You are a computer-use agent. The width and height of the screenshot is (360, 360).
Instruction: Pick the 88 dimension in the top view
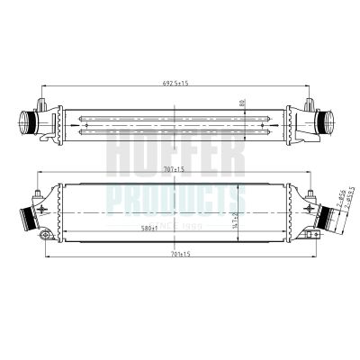(x=242, y=103)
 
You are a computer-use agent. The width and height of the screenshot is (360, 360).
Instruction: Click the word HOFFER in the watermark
(x=175, y=155)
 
